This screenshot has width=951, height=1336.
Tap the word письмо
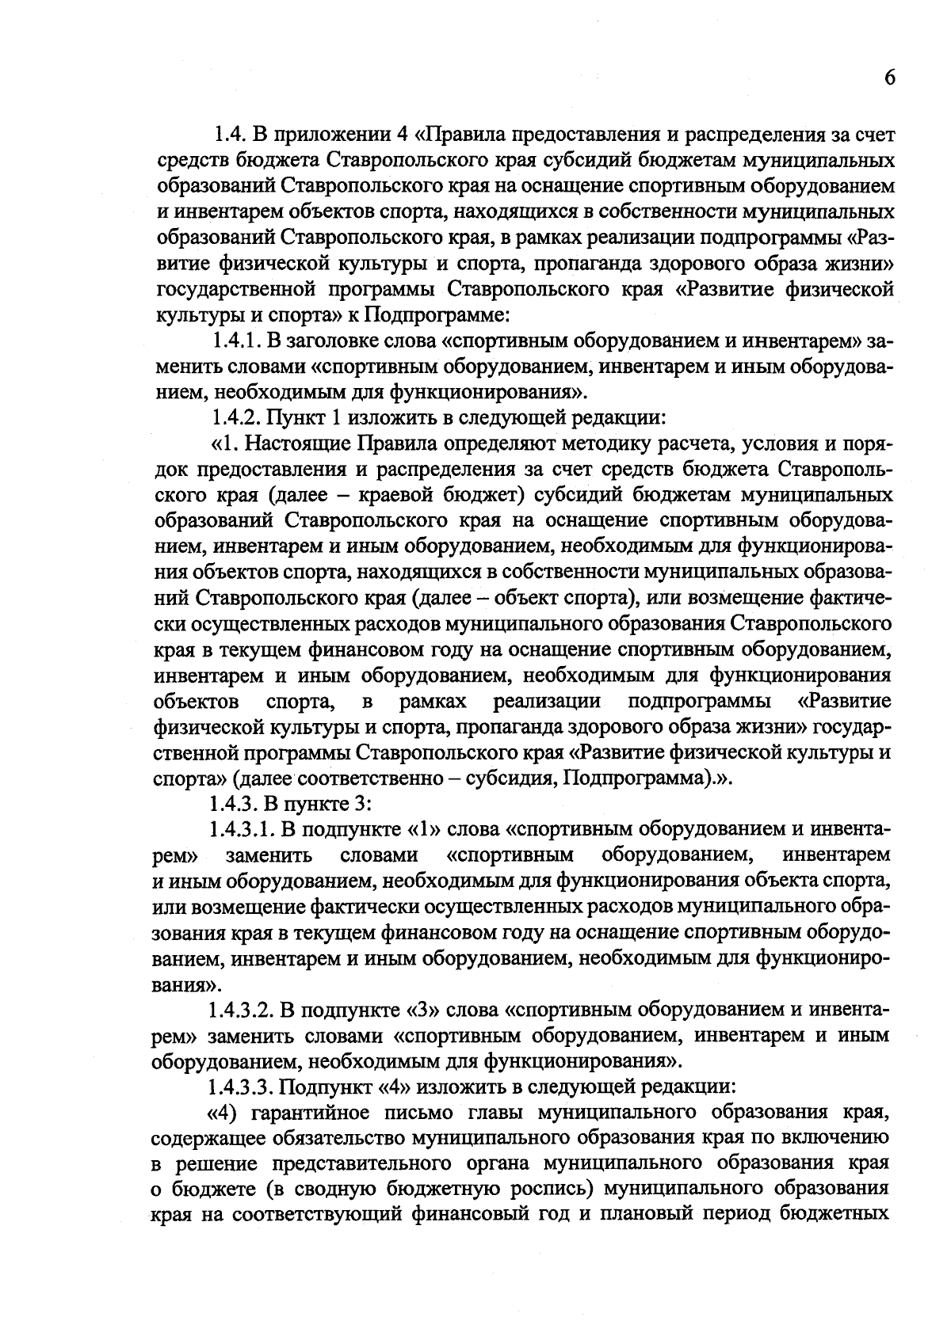(411, 1111)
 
